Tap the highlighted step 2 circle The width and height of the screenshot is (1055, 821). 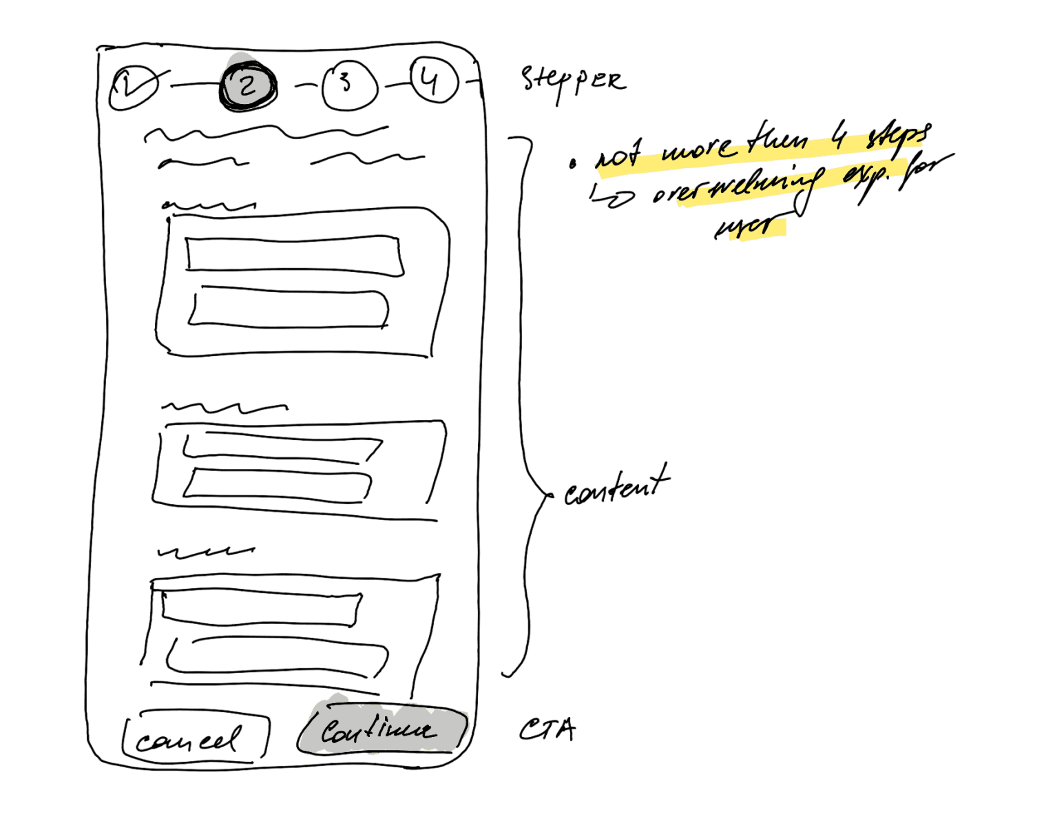click(247, 85)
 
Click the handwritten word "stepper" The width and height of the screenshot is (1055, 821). click(573, 81)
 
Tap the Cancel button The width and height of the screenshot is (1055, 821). click(193, 739)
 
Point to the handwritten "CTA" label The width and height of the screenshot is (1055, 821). click(547, 730)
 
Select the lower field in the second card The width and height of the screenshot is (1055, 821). click(278, 484)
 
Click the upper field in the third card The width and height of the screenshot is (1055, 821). click(260, 608)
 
